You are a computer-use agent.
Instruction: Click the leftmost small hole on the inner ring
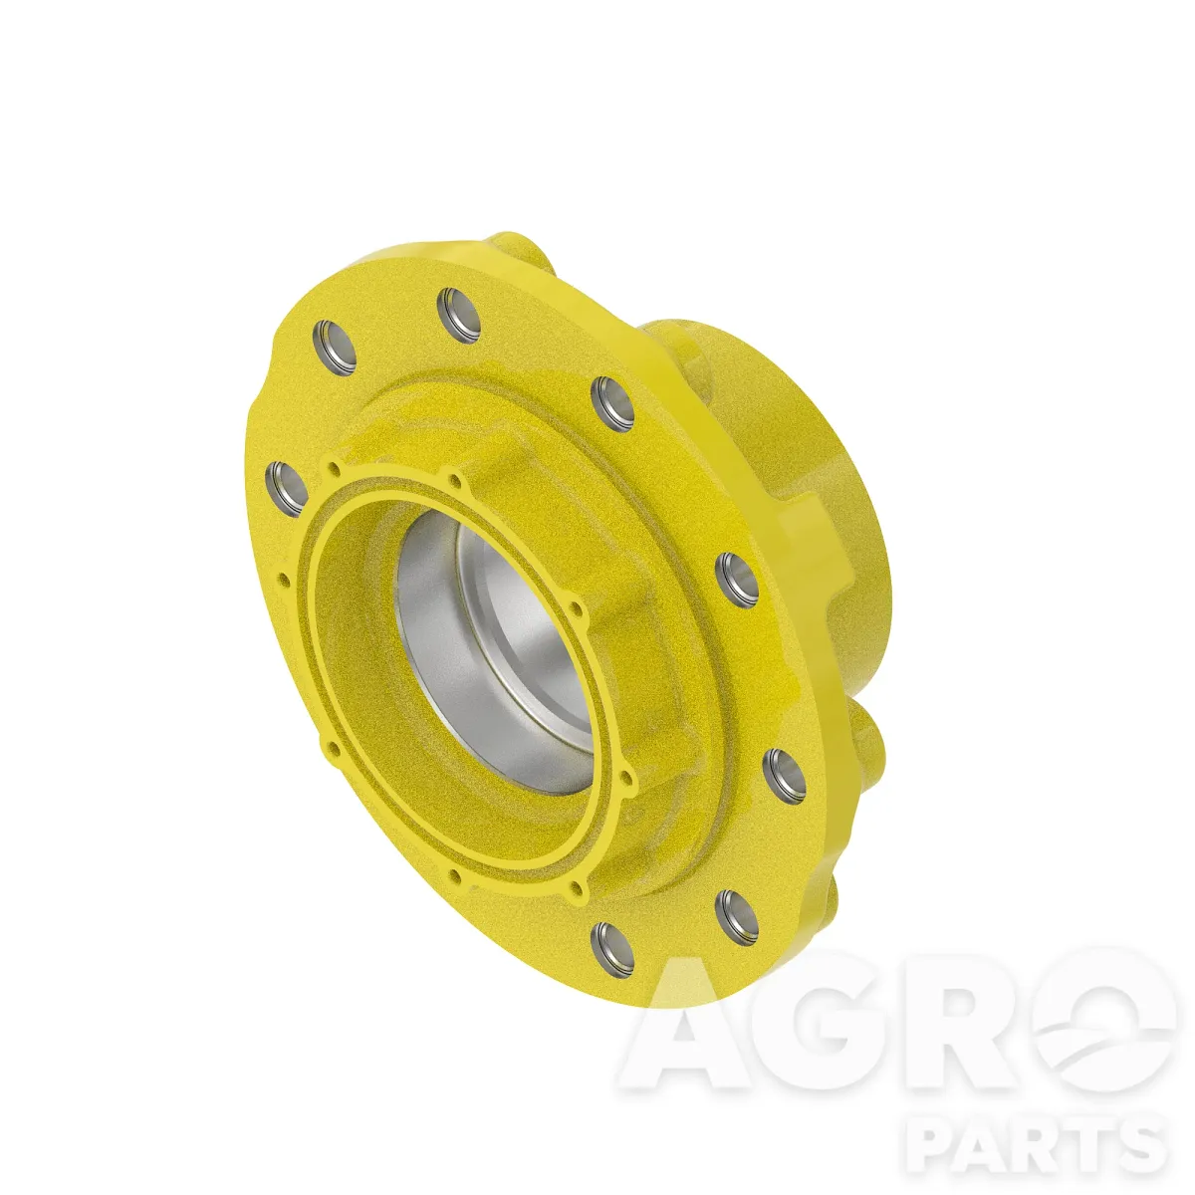click(x=285, y=581)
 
